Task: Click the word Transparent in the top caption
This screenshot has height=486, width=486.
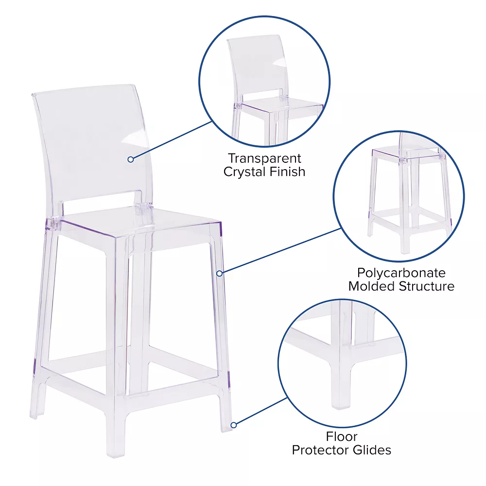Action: point(264,158)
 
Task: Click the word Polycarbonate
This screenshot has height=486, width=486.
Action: point(401,273)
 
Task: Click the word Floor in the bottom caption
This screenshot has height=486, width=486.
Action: point(342,436)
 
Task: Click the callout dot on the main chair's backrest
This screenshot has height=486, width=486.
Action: point(130,159)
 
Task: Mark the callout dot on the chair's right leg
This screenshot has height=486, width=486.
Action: point(220,273)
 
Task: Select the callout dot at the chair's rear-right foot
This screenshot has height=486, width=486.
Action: point(234,425)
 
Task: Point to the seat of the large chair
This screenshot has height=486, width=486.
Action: point(139,224)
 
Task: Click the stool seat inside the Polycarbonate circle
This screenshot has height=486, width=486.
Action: point(409,154)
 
